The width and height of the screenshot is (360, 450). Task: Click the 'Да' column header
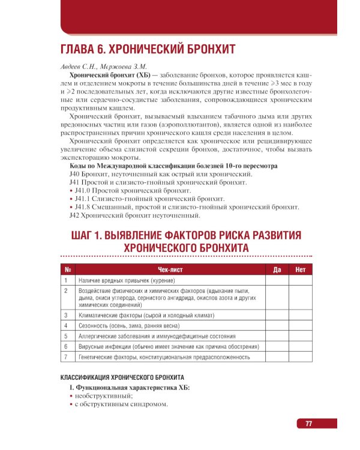[277, 270]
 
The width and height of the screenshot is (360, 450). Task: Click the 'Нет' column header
[301, 270]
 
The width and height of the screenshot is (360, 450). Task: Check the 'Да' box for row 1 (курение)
[277, 280]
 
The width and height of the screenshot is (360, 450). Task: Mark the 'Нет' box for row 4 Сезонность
[301, 325]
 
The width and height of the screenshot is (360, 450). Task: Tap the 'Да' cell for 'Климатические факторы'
[277, 314]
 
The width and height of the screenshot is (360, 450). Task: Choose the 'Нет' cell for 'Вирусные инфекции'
[301, 347]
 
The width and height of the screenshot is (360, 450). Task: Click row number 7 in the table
[65, 358]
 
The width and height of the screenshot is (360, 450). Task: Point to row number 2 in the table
[65, 291]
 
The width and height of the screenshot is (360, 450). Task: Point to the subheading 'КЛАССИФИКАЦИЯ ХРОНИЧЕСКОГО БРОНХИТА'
[122, 378]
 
